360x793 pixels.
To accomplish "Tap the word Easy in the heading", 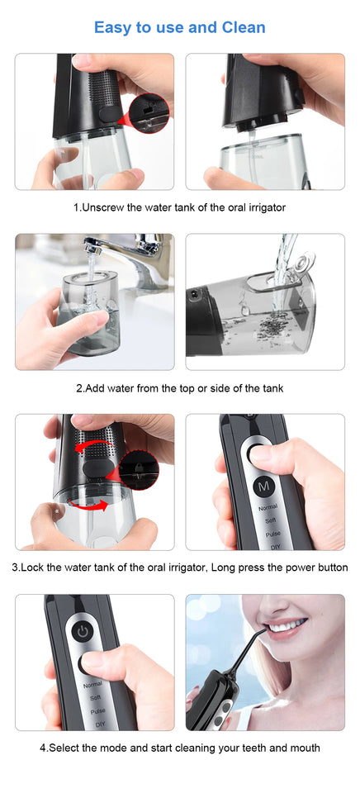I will [x=112, y=27].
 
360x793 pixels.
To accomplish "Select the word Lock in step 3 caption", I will [x=35, y=567].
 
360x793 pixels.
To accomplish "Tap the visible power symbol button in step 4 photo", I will [x=81, y=630].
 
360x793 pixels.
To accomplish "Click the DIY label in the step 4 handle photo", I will [x=100, y=724].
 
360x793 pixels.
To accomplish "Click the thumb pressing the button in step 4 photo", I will [x=95, y=661].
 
